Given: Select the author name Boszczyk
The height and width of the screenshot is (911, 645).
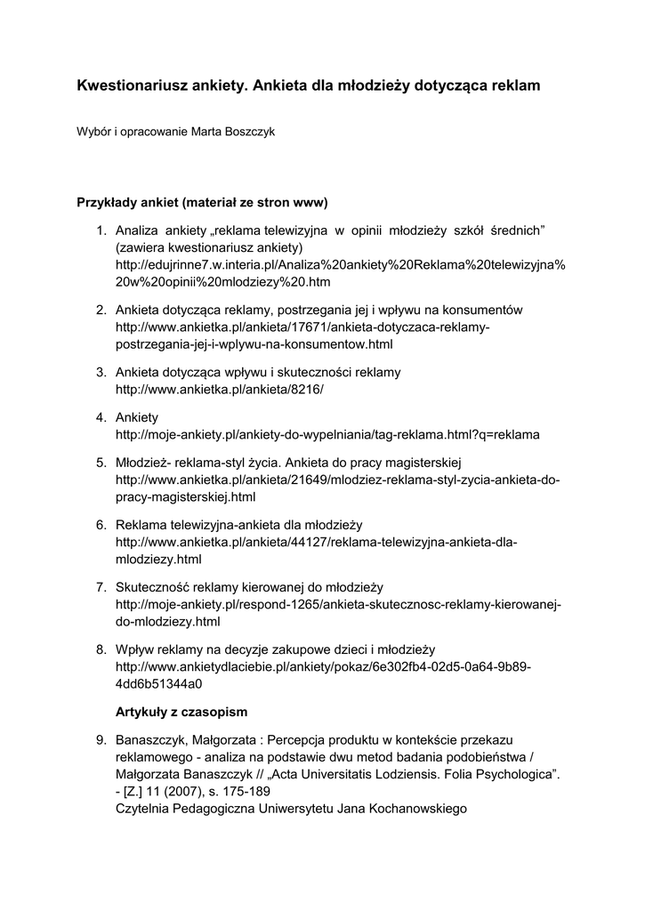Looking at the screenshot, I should coord(250,132).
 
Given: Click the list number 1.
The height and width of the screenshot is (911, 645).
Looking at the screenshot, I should coord(101,231).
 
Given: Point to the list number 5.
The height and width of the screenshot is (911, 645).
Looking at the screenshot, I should coord(101,463).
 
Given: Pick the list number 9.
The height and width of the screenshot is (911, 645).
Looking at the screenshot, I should coord(101,740).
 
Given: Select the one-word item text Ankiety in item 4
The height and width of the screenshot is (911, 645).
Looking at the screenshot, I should coord(137,417).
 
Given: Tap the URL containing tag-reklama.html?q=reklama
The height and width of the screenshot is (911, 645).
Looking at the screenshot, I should coord(327,435).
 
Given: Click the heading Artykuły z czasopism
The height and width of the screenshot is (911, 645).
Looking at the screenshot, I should coord(182,712).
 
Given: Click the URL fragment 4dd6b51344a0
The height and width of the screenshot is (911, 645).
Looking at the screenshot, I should coord(159,684).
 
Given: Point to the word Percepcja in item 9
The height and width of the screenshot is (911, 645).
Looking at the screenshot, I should coord(298,740).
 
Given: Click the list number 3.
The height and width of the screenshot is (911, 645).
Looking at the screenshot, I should coord(101,371).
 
